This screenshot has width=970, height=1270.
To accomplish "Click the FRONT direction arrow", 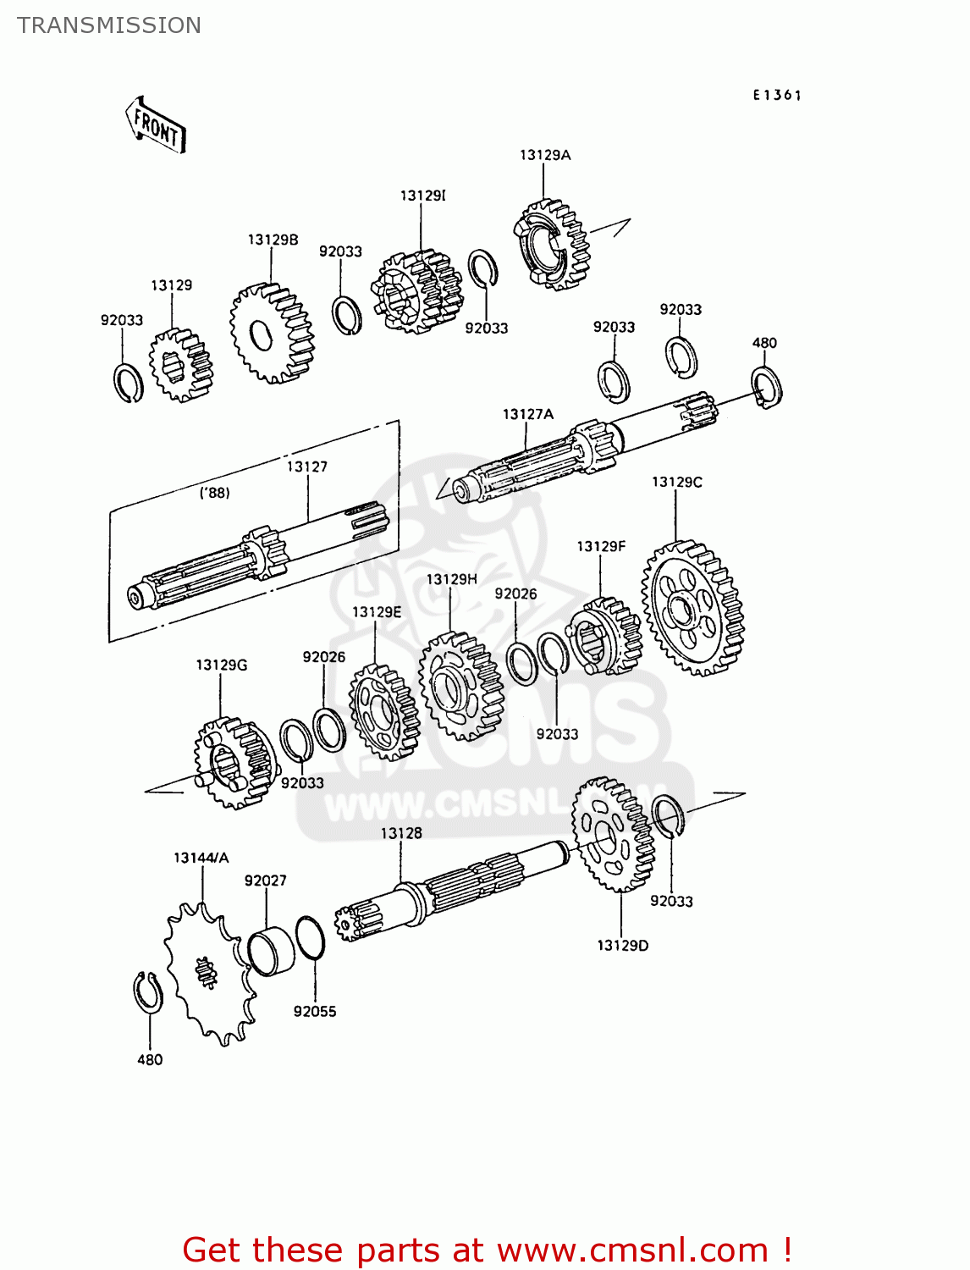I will point(157,125).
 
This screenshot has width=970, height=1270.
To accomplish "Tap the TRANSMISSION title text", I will point(109,25).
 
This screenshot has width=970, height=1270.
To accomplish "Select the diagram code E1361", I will point(776,96).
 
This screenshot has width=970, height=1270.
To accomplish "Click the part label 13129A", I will point(544,155).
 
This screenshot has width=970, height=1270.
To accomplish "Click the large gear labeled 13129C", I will point(692,608).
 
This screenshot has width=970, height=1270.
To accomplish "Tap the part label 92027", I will point(265,881).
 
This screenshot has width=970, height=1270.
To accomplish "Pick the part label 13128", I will point(400,833).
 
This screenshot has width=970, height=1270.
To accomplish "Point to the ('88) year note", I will point(214,493).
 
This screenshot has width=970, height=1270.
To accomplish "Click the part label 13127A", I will point(527,414).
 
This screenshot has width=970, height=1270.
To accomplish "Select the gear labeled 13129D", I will point(613,835).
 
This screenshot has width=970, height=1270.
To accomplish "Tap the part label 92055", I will point(314,1011).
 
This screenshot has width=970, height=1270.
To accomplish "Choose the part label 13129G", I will point(221,665).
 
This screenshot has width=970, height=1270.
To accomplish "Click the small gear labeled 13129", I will point(180,365).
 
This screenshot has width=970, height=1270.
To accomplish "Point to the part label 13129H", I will point(451,579).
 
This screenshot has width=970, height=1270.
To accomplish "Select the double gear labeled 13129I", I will point(417,290).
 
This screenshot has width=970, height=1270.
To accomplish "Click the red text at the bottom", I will point(487,1250).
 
